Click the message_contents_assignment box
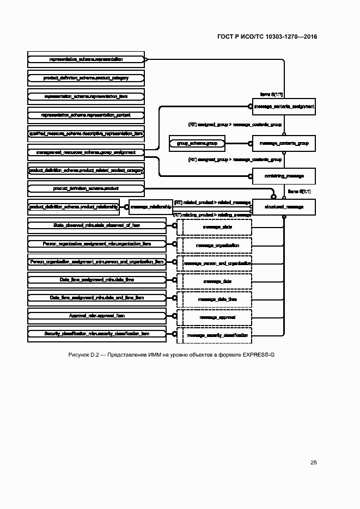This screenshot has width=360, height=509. click(x=284, y=107)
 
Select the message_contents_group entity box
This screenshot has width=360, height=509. click(x=284, y=143)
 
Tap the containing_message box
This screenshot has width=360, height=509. click(x=284, y=176)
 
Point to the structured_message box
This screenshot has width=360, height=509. click(x=284, y=207)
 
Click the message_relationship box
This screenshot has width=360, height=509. click(x=151, y=207)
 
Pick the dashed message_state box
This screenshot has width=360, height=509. click(x=217, y=226)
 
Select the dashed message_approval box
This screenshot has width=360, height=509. click(x=217, y=317)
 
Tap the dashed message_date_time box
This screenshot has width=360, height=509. click(x=217, y=299)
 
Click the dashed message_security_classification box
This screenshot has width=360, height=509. click(x=217, y=335)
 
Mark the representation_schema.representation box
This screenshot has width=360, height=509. click(x=86, y=59)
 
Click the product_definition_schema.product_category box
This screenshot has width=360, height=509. click(x=86, y=78)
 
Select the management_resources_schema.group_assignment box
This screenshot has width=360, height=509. click(x=86, y=152)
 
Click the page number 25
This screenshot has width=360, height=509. click(x=313, y=463)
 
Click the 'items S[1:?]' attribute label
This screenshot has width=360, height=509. click(x=271, y=94)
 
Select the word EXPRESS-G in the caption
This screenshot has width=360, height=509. click(x=258, y=355)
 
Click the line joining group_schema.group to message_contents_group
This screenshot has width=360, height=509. click(x=237, y=143)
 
